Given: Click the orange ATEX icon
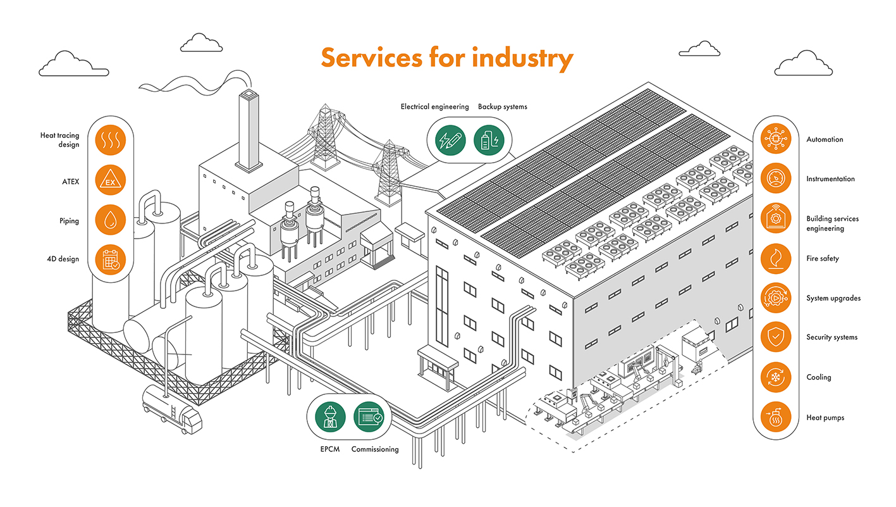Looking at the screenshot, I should tap(111, 180).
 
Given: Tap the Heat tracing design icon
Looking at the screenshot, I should tap(111, 141).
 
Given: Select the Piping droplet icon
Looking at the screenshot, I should tap(111, 220).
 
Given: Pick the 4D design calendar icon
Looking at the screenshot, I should tap(111, 260).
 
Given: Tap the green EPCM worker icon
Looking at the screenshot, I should tap(330, 417).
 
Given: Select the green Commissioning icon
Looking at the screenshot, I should tap(369, 417).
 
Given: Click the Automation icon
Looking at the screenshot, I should tap(775, 139).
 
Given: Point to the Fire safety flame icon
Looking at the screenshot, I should tap(775, 258).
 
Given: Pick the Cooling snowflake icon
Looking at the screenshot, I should tap(775, 377).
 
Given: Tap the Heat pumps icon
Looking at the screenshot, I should tap(775, 417).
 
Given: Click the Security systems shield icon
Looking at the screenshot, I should tap(775, 337).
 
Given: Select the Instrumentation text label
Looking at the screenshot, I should tap(830, 179).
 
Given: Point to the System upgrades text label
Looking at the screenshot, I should tap(833, 298).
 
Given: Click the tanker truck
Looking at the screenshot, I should tap(171, 408).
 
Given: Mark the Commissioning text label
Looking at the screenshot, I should tap(375, 449).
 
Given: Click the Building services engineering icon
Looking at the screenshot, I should tap(775, 218).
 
